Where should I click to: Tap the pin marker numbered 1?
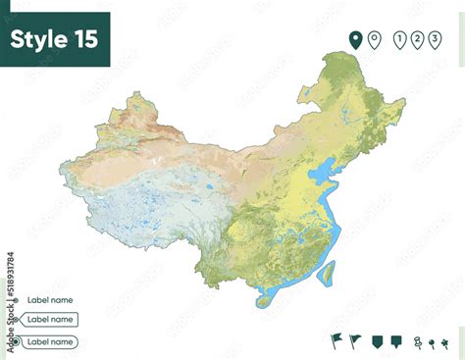[399, 39]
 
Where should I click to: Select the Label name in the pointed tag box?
[51, 319]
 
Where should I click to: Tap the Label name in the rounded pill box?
[49, 342]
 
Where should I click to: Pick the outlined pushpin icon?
[416, 342]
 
